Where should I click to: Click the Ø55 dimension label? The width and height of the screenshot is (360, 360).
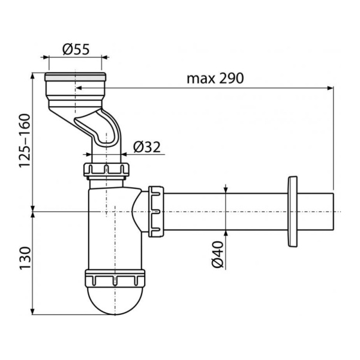[x=76, y=49]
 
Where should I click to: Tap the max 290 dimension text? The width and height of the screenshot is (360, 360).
[x=215, y=78]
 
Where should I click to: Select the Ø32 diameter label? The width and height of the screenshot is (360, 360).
[x=147, y=147]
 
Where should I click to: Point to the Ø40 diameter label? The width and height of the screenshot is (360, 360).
[x=217, y=254]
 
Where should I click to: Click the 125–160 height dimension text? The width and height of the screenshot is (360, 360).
[x=25, y=141]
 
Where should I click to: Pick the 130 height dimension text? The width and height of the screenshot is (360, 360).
[x=25, y=258]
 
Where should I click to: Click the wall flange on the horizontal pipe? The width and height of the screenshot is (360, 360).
[x=292, y=211]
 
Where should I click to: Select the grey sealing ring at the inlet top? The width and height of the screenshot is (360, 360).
[x=75, y=77]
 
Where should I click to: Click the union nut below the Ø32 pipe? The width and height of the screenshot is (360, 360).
[x=106, y=170]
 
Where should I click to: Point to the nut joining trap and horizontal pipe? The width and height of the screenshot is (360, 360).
[x=156, y=211]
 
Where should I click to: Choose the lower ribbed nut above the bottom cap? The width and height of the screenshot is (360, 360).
[x=115, y=278]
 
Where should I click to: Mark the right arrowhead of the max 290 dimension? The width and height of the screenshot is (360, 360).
[x=330, y=88]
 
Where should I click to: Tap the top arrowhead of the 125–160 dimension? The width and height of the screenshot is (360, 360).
[x=33, y=76]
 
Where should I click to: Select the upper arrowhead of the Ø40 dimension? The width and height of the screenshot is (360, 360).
[x=226, y=190]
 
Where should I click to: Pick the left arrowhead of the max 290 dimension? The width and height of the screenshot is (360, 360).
[x=79, y=88]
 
